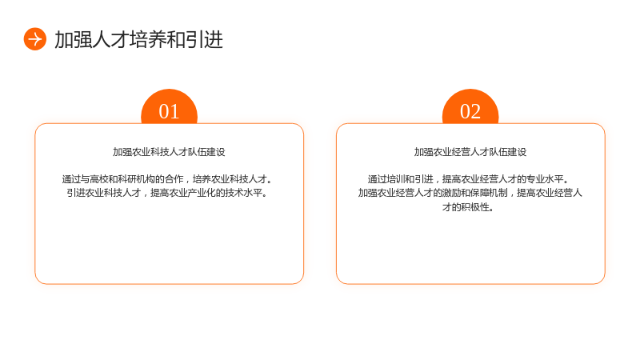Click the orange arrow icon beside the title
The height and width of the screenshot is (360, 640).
(34, 39)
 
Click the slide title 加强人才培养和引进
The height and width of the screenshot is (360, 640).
(138, 39)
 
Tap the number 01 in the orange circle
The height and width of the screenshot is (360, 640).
(169, 111)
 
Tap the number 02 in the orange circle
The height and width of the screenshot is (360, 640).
(470, 111)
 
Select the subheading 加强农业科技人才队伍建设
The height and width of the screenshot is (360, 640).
(169, 152)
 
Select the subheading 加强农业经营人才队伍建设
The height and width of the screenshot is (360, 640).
(470, 152)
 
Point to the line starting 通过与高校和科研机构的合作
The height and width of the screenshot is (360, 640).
(167, 178)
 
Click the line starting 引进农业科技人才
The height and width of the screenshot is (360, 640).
(167, 193)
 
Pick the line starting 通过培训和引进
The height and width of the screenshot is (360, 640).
(469, 178)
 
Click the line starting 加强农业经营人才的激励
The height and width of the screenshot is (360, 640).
(470, 193)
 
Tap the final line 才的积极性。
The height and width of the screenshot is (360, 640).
(468, 207)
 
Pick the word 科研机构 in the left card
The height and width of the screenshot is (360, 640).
(137, 178)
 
